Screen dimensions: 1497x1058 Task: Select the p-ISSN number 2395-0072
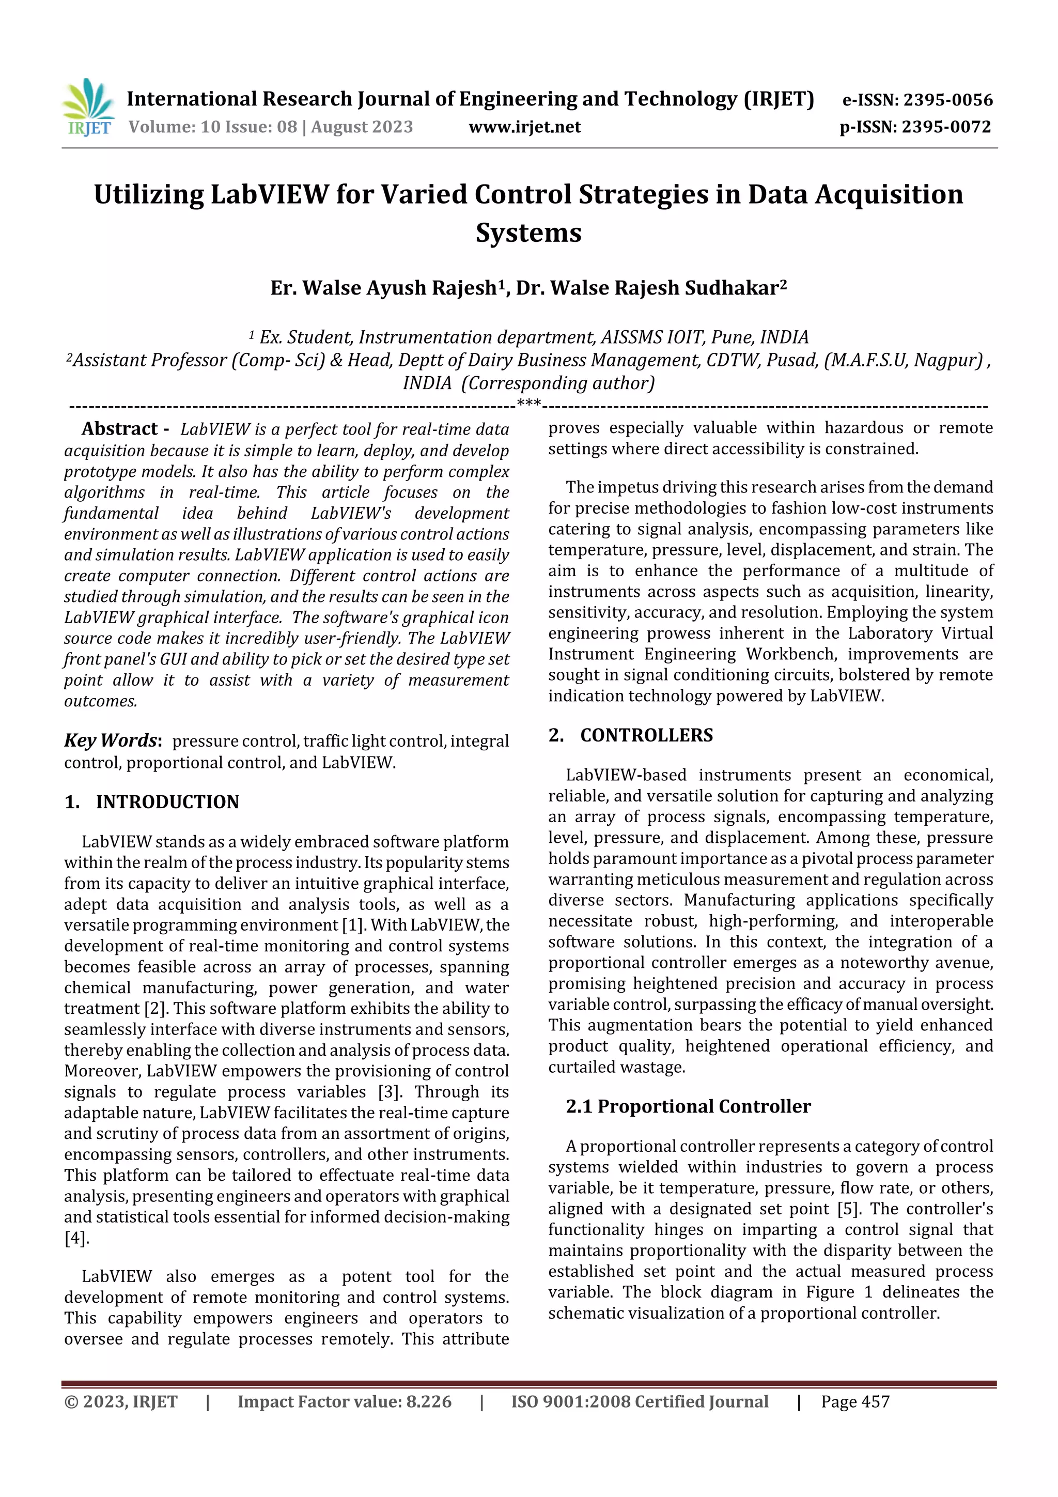pos(946,127)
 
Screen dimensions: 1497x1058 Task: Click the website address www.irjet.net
pos(524,127)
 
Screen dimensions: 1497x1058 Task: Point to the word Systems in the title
pos(528,233)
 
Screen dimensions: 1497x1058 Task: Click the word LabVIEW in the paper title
pos(269,195)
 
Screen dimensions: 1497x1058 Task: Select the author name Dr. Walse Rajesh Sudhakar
pos(650,287)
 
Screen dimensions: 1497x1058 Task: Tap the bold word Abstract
pos(119,428)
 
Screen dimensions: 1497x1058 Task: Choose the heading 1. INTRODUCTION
pos(152,801)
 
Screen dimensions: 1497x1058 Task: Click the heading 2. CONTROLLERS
pos(630,735)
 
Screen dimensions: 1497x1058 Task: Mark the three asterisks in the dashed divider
pos(528,404)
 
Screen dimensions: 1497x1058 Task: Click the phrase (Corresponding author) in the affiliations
pos(558,383)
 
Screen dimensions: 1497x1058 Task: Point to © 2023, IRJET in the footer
pos(120,1401)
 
